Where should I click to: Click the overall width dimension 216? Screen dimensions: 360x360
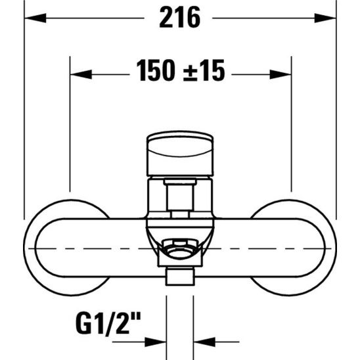(179, 18)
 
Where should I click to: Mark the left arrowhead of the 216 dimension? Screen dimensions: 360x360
(31, 18)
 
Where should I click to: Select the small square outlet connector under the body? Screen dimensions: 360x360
(180, 277)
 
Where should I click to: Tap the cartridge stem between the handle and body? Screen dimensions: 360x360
(180, 196)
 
